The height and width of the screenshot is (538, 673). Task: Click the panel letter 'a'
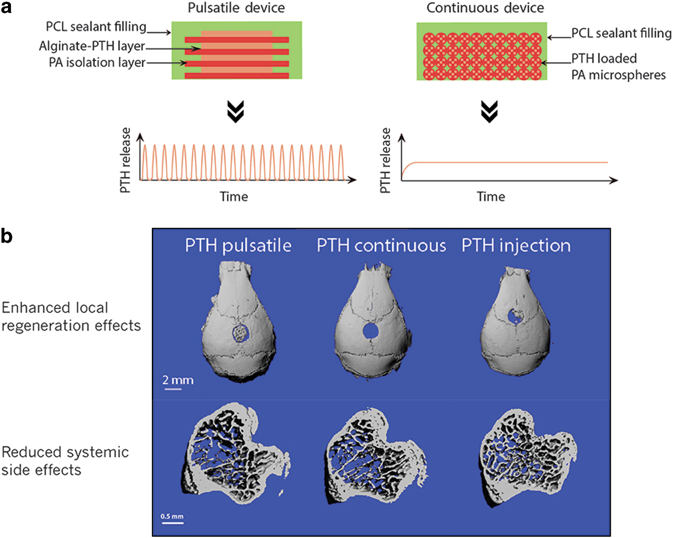click(x=6, y=8)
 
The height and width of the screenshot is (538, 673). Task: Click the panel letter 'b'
click(x=6, y=236)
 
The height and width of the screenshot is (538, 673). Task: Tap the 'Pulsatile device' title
click(x=236, y=8)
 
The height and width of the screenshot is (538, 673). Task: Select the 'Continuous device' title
click(x=485, y=8)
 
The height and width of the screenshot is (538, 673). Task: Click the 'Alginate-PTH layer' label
click(x=92, y=46)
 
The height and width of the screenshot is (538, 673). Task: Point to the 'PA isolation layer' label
click(x=97, y=63)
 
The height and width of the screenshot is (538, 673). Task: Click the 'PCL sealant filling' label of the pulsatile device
click(x=96, y=26)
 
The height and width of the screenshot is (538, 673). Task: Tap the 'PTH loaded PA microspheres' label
click(x=618, y=67)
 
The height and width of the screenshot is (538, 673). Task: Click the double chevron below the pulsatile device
click(x=235, y=111)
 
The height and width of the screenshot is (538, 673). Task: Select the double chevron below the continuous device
click(x=489, y=111)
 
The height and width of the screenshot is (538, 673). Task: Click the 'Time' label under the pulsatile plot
click(x=234, y=197)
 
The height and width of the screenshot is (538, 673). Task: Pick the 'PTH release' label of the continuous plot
click(x=385, y=160)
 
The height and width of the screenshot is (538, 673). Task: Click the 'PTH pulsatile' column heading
click(x=238, y=246)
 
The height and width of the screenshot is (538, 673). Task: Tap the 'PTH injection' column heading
click(x=516, y=246)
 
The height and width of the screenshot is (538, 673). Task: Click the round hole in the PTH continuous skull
click(x=370, y=331)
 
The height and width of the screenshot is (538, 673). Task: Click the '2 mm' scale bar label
click(x=178, y=380)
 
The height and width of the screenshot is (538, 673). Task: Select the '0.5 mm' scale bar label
click(x=172, y=516)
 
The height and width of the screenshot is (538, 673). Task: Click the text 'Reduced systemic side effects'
click(x=65, y=461)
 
